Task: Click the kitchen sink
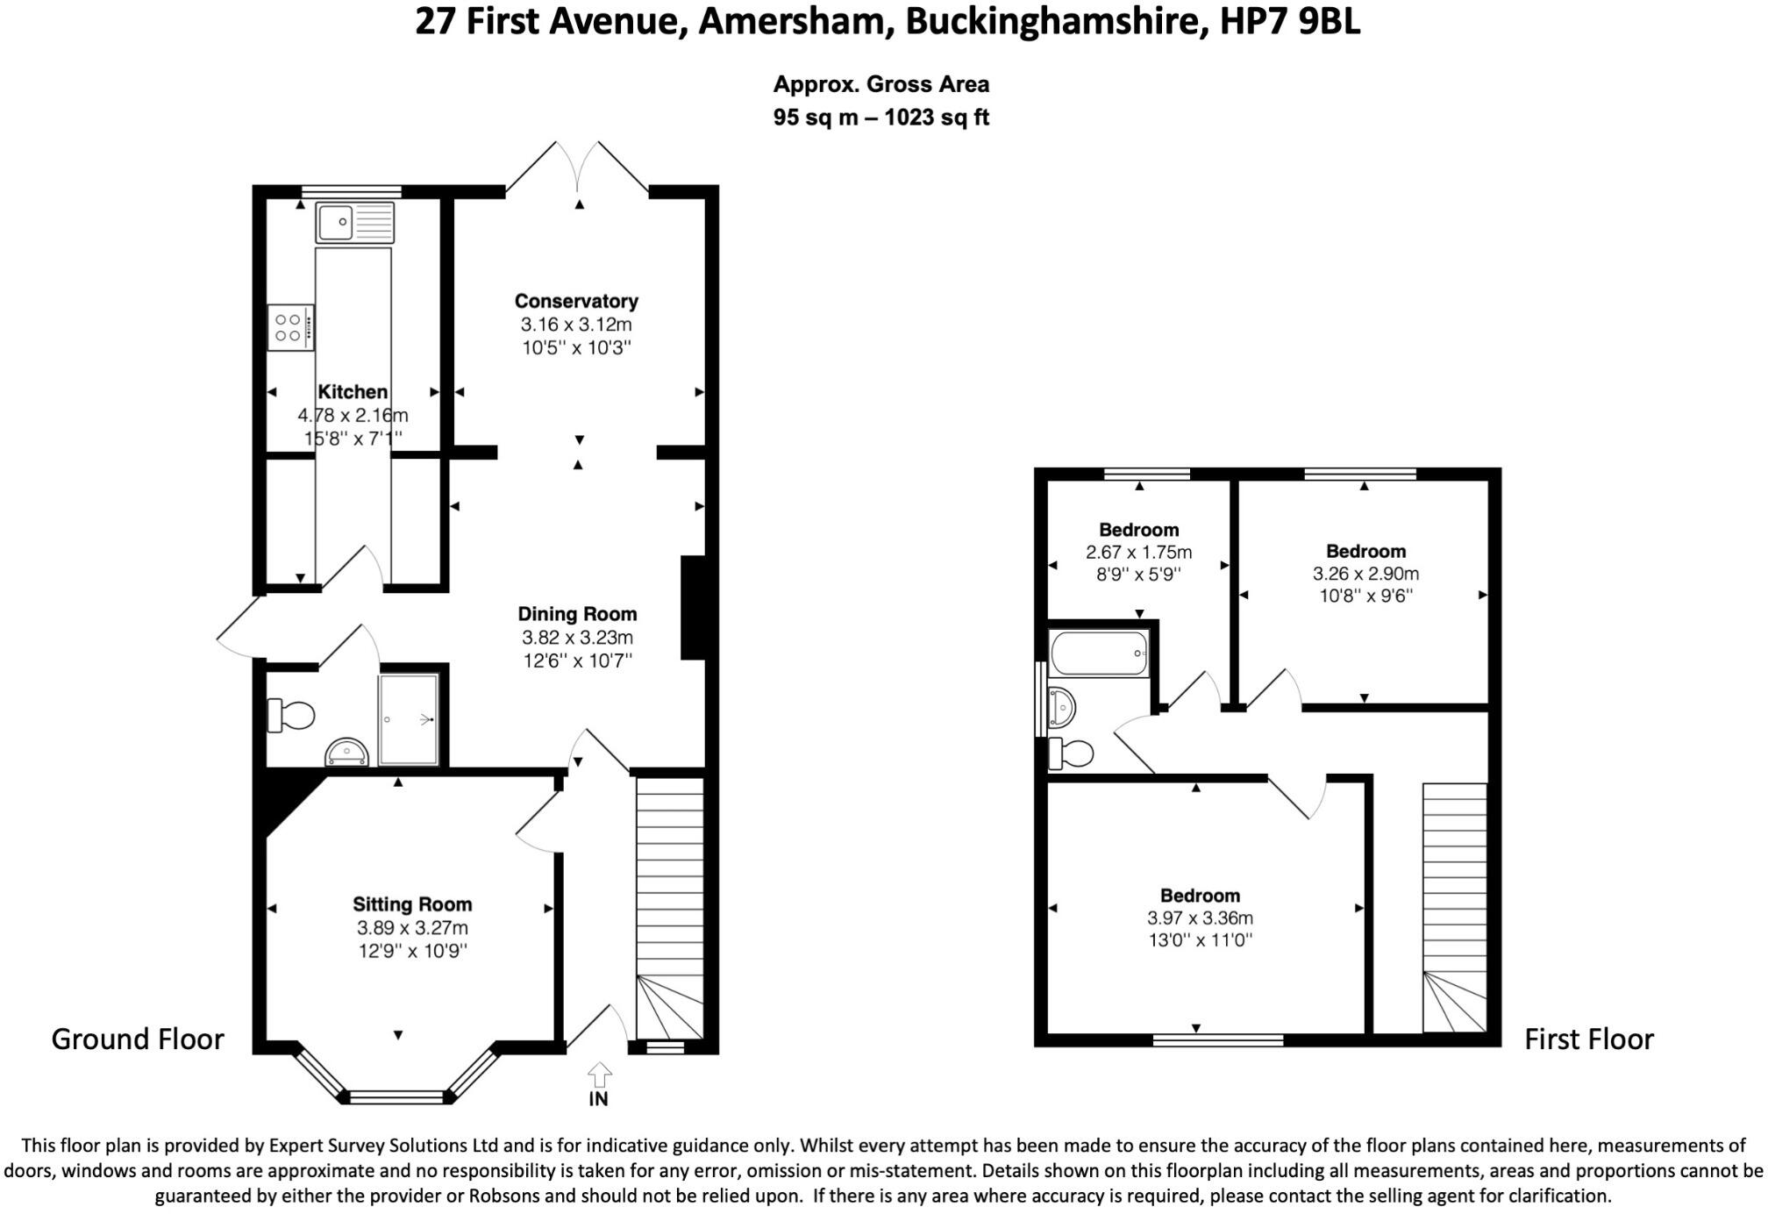coord(355,222)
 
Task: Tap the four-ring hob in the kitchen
coord(290,327)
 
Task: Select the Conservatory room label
coord(576,301)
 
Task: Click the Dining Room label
coord(577,614)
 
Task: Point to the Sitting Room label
coord(412,904)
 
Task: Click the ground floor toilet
coord(291,715)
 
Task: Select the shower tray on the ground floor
coord(409,719)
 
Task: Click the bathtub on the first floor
coord(1099,653)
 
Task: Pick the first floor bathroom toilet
coord(1072,753)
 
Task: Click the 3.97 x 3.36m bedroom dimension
coord(1200,918)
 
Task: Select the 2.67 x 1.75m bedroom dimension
coord(1138,553)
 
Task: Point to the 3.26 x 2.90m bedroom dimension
coord(1365,574)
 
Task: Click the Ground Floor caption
coord(138,1039)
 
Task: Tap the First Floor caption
coord(1589,1039)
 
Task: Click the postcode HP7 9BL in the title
coord(1290,21)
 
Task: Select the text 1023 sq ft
coord(937,118)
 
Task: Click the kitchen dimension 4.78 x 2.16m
coord(353,415)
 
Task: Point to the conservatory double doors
coord(577,167)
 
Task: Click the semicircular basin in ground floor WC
coord(346,752)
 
